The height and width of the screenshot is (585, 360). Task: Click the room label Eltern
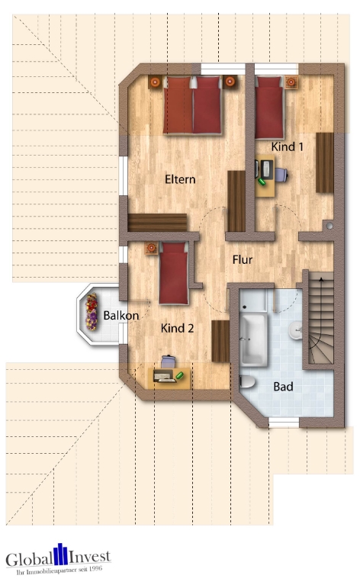click(x=180, y=179)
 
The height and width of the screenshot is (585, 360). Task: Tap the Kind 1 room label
click(x=288, y=147)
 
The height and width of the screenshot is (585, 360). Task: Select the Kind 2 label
click(x=177, y=328)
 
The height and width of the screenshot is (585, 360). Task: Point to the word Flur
click(x=243, y=259)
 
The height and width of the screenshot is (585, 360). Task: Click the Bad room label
click(x=283, y=387)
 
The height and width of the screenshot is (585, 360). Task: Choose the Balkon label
click(x=121, y=316)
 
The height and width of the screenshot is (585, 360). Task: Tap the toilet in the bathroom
click(x=247, y=381)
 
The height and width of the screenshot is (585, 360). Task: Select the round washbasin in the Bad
click(x=296, y=330)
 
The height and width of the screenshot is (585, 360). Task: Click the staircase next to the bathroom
click(x=321, y=318)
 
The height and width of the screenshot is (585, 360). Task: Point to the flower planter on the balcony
click(x=92, y=312)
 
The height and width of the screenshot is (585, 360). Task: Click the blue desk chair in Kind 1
click(x=281, y=175)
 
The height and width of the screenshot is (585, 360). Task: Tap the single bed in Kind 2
click(x=173, y=273)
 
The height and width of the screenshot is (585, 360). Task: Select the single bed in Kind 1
click(x=268, y=108)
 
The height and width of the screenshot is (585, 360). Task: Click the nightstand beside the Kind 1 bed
click(x=291, y=82)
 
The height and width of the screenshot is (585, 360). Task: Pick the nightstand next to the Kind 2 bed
click(x=152, y=248)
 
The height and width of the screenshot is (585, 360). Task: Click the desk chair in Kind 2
click(x=169, y=362)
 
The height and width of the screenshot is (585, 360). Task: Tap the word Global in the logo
click(x=29, y=560)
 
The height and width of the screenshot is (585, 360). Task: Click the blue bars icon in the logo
click(x=60, y=554)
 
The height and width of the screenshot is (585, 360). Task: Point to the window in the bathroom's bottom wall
click(x=284, y=423)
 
